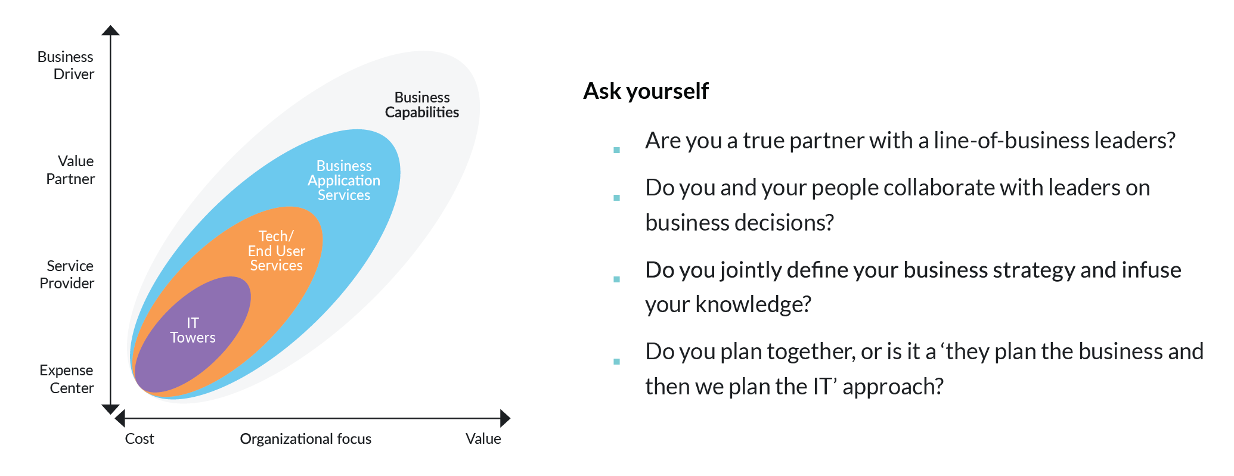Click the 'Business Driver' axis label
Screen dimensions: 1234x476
[x=66, y=66]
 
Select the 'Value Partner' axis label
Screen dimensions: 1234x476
[x=70, y=170]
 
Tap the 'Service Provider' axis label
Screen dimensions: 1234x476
[x=67, y=275]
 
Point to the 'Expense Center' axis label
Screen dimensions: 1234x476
[x=67, y=379]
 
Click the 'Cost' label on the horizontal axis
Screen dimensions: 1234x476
[x=139, y=439]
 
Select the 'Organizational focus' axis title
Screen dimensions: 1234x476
[x=306, y=439]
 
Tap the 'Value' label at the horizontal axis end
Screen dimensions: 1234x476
[x=483, y=439]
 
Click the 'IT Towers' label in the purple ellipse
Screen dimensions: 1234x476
[x=193, y=330]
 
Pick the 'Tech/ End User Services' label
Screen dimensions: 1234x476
[x=277, y=251]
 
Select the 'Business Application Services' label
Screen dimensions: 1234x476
[x=344, y=181]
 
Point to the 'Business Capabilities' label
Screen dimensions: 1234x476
[x=422, y=105]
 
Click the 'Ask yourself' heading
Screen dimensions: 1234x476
[x=646, y=91]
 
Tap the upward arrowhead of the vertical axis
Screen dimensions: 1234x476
[x=110, y=30]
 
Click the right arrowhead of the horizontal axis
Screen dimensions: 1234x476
[x=506, y=418]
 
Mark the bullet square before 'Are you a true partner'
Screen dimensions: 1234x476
[x=617, y=150]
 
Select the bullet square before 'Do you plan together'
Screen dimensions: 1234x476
[x=617, y=361]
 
